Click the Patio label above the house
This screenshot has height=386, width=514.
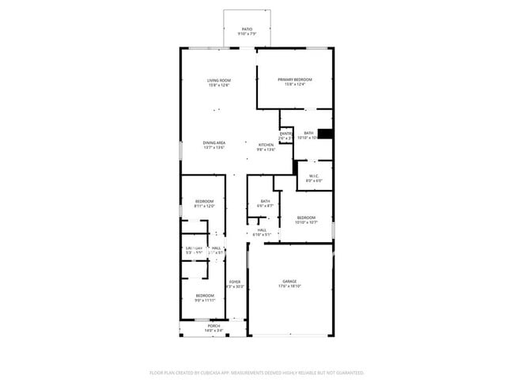pos(247,29)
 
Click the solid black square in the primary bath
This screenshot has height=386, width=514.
pos(325,134)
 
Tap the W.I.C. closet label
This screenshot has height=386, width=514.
pos(314,176)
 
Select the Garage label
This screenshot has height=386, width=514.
pos(289,281)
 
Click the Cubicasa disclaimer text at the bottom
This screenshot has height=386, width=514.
pos(256,372)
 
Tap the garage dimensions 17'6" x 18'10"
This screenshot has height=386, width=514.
pos(289,286)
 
